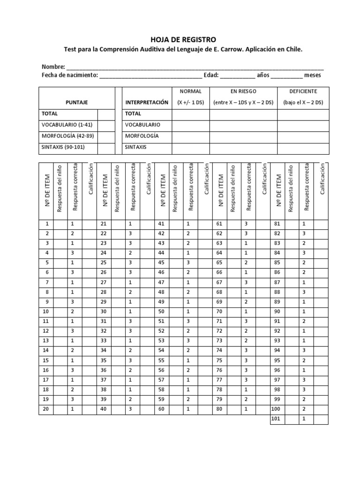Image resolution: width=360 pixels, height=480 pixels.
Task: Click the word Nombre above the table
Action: [53, 67]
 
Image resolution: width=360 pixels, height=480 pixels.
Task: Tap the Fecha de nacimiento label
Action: [69, 75]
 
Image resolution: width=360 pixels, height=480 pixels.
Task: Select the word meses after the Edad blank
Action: [313, 75]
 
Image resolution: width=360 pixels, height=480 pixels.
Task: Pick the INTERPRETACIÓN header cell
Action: [146, 102]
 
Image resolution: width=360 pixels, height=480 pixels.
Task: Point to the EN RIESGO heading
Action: [243, 91]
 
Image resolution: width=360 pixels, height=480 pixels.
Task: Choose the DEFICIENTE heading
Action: [303, 91]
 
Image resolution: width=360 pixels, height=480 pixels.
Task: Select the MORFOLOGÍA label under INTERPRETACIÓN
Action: [142, 136]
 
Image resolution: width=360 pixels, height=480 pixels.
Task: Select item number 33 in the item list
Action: [104, 340]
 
